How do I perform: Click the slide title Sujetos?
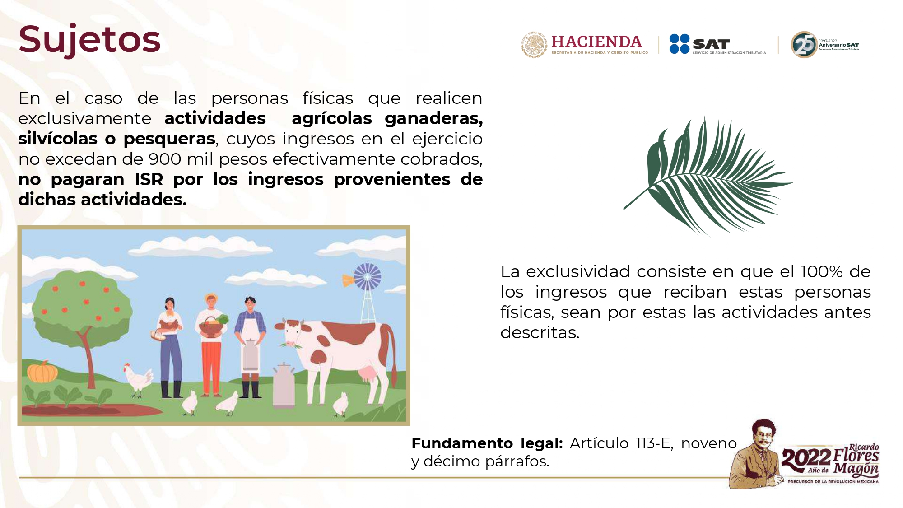click(89, 40)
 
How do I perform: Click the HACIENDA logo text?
click(596, 42)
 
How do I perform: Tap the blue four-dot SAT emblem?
click(679, 44)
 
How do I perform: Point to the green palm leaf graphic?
click(708, 176)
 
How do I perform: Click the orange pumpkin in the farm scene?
click(42, 372)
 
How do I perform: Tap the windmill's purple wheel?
click(367, 276)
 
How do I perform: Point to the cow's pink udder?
click(368, 375)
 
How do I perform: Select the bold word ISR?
click(149, 179)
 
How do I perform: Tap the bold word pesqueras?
click(169, 139)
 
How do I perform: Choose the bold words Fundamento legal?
click(487, 443)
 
